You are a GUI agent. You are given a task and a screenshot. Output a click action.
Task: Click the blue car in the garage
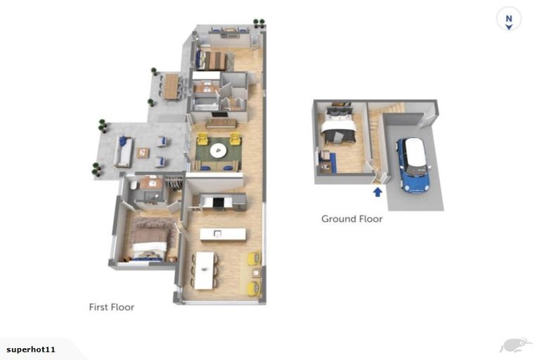(x=413, y=166)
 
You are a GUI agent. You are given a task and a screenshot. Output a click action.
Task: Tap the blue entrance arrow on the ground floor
(x=378, y=191)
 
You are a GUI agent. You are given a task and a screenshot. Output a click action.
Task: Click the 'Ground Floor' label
(x=352, y=219)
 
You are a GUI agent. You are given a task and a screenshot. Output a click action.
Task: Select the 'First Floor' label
(x=111, y=307)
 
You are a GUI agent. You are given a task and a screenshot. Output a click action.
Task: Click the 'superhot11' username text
(x=31, y=349)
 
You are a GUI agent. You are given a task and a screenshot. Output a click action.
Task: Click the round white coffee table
(x=218, y=150)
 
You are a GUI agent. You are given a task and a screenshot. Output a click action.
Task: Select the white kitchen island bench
(x=222, y=234)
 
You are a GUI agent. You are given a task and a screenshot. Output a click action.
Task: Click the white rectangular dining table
(x=205, y=270)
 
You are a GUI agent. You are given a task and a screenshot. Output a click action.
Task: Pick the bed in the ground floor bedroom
(x=338, y=127)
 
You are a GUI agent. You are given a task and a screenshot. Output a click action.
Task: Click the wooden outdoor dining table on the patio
(x=171, y=86)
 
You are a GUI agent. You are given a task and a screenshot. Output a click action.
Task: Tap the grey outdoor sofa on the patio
(x=124, y=152)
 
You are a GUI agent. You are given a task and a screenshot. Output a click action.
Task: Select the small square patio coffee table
(x=143, y=152)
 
